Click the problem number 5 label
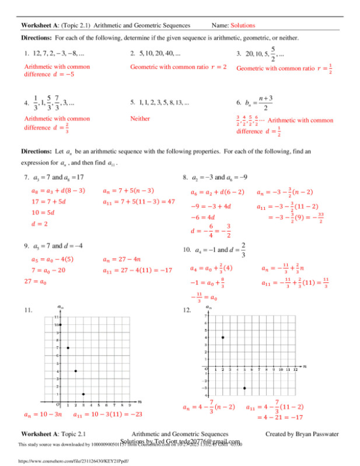134,103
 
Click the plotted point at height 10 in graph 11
60,324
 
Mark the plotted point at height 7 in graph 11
68,348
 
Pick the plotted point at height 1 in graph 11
83,394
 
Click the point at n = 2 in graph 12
223,337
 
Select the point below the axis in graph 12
244,388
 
